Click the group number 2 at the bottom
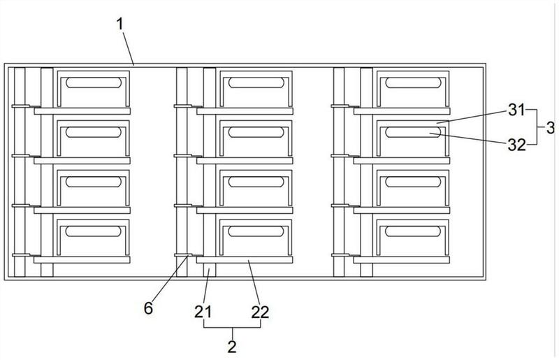[232, 345]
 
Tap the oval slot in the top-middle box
[254, 82]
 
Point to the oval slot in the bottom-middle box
[254, 231]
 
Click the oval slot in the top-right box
[412, 82]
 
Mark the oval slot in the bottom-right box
[412, 231]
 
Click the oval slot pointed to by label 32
[412, 132]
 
